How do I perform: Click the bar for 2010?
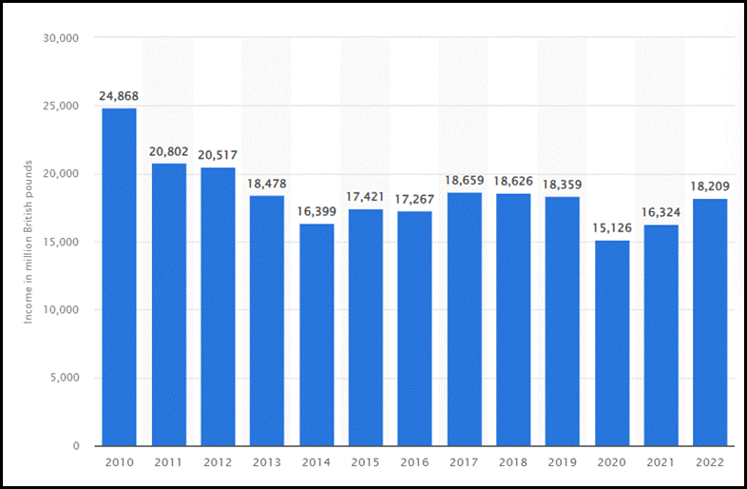(119, 276)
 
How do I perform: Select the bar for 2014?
(316, 334)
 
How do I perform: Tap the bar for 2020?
(612, 342)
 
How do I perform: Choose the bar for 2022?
(711, 322)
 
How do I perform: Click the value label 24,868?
(119, 96)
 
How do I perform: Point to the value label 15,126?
(612, 229)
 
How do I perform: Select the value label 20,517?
(219, 155)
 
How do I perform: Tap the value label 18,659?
(465, 181)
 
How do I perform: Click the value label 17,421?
(366, 197)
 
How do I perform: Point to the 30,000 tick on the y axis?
(60, 38)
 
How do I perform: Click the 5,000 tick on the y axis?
(64, 378)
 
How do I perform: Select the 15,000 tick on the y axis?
(60, 242)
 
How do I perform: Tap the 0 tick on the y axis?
(74, 446)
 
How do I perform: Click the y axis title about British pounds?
(29, 242)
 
